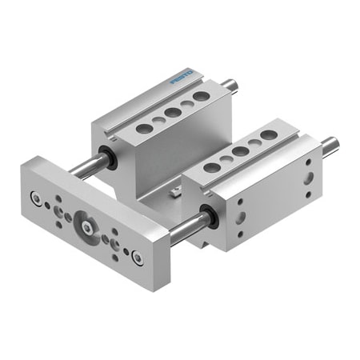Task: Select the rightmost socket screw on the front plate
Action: click(138, 258)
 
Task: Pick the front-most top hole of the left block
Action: click(144, 126)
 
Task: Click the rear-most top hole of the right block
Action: click(269, 136)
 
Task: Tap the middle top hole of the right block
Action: click(240, 151)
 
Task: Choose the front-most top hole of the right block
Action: click(212, 167)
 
